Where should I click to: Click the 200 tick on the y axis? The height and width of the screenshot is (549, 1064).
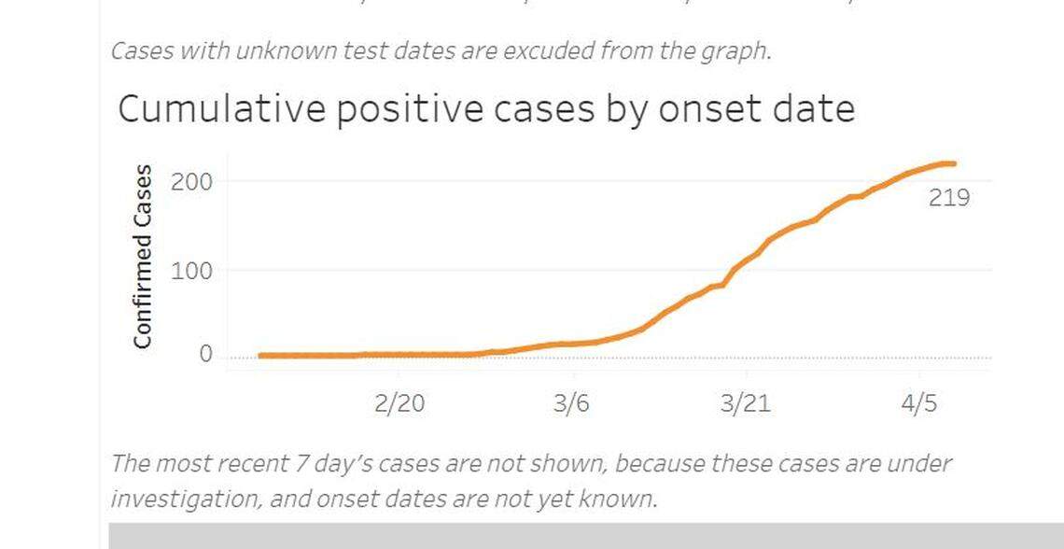click(191, 181)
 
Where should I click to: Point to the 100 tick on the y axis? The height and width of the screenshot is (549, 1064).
click(191, 271)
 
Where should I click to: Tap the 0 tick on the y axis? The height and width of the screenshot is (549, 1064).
click(204, 355)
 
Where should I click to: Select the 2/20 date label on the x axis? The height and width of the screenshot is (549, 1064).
click(399, 404)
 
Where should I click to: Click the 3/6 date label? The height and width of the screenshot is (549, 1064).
click(571, 404)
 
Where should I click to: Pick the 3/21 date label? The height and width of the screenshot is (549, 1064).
click(745, 404)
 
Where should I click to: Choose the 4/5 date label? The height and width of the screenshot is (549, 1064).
click(918, 404)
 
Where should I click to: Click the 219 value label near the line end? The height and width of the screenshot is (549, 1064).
click(948, 198)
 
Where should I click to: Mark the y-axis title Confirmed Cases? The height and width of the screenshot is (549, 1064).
click(143, 256)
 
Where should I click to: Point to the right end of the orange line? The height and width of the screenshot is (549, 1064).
click(953, 164)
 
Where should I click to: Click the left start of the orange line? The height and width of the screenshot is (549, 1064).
click(260, 355)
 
